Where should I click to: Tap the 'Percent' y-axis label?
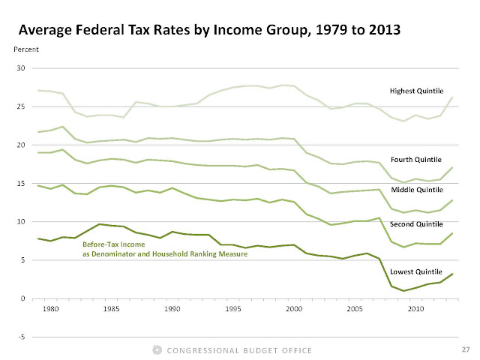tap(27, 50)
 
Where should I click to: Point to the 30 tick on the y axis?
tap(22, 68)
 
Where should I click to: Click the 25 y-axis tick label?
tap(22, 106)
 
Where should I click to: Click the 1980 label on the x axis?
tap(51, 307)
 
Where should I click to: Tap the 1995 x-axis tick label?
tap(234, 307)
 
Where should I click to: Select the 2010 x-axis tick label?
tap(417, 307)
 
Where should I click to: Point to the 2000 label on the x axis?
tap(295, 307)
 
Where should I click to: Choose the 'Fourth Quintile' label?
tap(420, 160)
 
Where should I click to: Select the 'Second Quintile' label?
tap(420, 223)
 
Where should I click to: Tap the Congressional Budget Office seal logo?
tap(157, 349)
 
